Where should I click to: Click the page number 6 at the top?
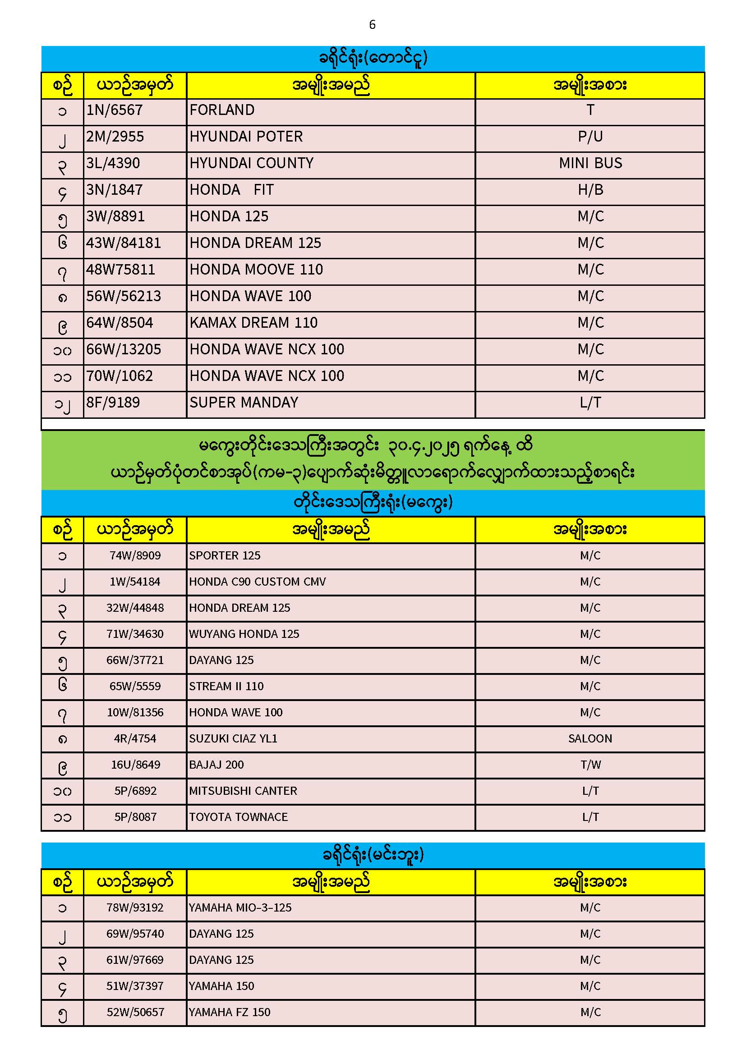(372, 24)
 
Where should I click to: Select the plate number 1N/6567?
(115, 110)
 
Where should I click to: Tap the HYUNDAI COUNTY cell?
(251, 164)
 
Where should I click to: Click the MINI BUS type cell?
(590, 164)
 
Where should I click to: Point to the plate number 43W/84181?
(124, 243)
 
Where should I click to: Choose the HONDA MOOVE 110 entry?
(256, 270)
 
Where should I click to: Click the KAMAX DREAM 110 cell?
(253, 323)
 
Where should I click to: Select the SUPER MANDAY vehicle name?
(244, 403)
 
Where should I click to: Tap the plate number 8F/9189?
(113, 403)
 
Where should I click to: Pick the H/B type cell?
(590, 190)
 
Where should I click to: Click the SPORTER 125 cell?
(225, 555)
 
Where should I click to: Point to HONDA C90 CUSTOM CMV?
(257, 582)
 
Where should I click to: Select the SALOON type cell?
(590, 738)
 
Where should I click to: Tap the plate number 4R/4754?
(135, 738)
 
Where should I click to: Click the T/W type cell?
(590, 765)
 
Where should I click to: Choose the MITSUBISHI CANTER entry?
(243, 791)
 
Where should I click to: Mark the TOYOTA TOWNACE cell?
(238, 817)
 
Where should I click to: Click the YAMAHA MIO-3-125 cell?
(240, 907)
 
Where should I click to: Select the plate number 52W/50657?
(135, 1012)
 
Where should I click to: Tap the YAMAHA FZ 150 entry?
(229, 1012)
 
